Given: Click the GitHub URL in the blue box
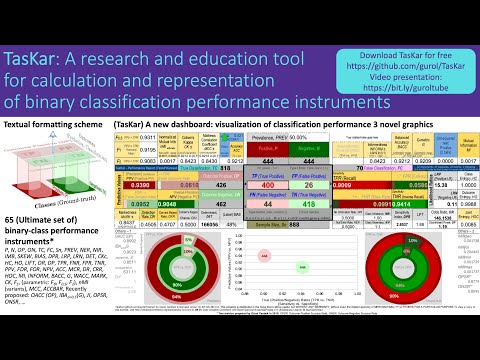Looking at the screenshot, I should pyautogui.click(x=405, y=61).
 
